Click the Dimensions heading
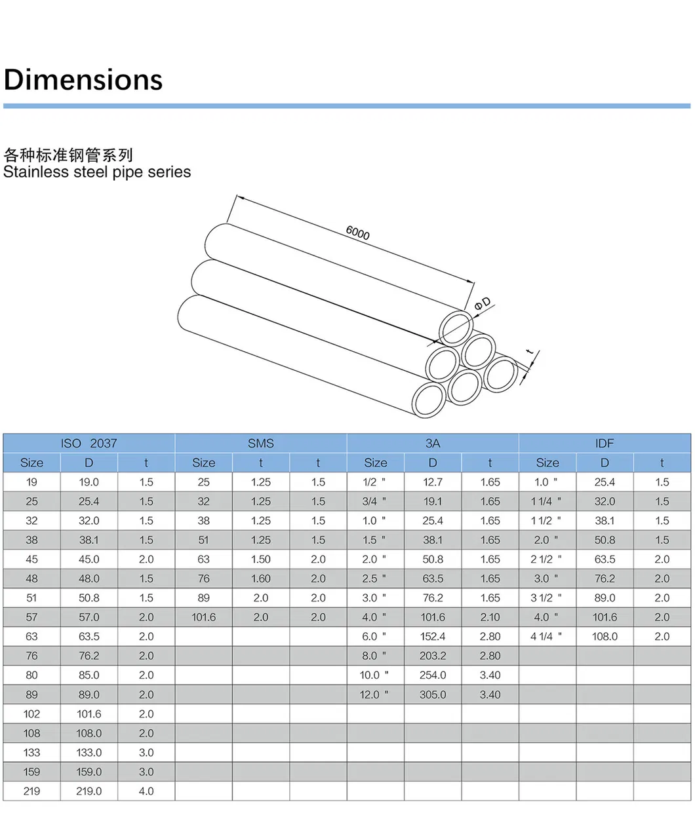[x=83, y=80]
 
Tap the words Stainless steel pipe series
[x=97, y=172]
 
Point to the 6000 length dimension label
[x=357, y=233]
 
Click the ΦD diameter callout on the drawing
[x=482, y=303]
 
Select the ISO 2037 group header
[x=89, y=444]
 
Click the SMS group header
[x=260, y=444]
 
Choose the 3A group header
[x=433, y=444]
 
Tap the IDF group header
[x=605, y=444]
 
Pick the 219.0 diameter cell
[x=89, y=791]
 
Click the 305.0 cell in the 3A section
[x=433, y=694]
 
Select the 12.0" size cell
[x=374, y=694]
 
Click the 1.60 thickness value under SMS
[x=260, y=579]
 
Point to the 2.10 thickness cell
[x=490, y=617]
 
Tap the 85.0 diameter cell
[x=89, y=675]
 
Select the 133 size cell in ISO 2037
[x=31, y=753]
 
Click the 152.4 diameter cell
[x=433, y=636]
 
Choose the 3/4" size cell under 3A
[x=374, y=501]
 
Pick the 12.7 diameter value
[x=433, y=482]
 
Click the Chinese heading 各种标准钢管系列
[x=68, y=155]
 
